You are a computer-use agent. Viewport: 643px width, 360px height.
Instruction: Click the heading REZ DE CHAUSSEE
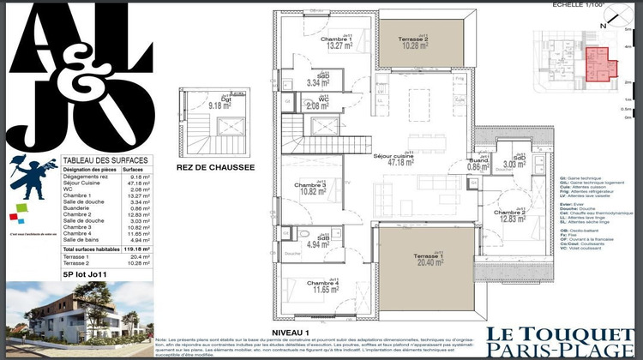215,168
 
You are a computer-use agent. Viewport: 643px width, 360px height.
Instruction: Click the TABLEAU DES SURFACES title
105,161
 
